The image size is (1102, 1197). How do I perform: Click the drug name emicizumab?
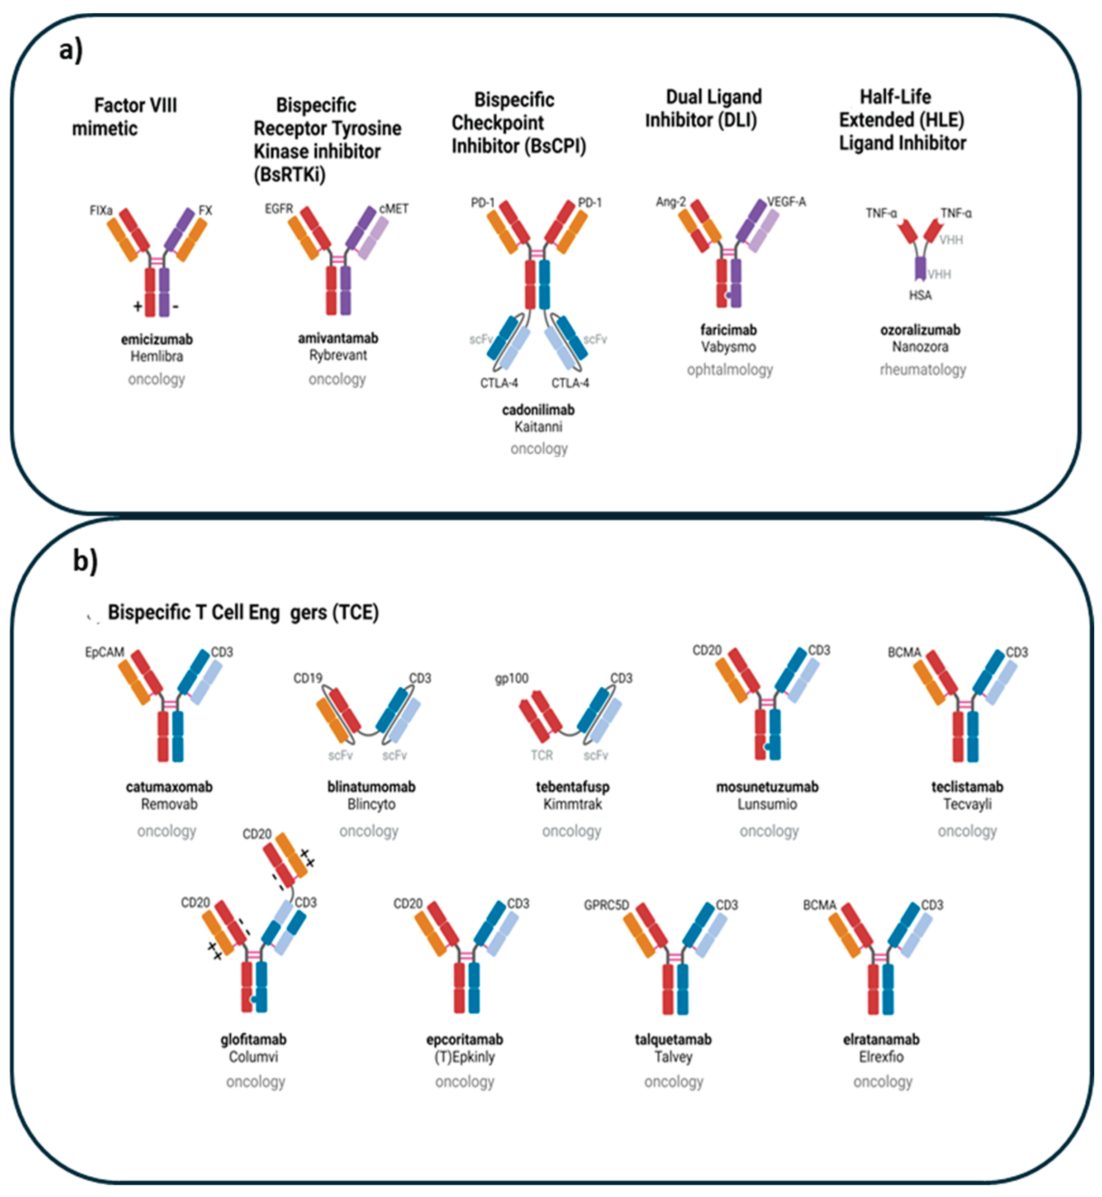pos(157,339)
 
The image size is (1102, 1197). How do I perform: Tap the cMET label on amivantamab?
pos(394,209)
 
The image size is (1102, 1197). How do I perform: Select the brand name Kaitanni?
pos(538,427)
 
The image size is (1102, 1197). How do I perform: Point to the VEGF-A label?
pos(786,202)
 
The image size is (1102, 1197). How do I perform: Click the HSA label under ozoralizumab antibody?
pos(920,295)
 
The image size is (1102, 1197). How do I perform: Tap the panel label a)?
pos(71,50)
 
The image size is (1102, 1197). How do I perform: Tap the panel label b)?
pos(85,560)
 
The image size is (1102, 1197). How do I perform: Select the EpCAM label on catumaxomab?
pos(104,652)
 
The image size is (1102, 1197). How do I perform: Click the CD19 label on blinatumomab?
pos(308,678)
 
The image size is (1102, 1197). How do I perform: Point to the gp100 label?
pos(512,678)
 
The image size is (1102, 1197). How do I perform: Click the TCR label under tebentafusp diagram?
pos(541,755)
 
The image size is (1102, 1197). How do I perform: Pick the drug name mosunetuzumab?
pos(767,787)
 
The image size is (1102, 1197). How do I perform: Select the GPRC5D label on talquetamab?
pos(606,905)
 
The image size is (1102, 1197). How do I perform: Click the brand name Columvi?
pos(253,1057)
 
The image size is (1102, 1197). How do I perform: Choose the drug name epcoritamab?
pos(465,1040)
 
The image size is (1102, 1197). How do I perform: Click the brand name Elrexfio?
pos(881,1057)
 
